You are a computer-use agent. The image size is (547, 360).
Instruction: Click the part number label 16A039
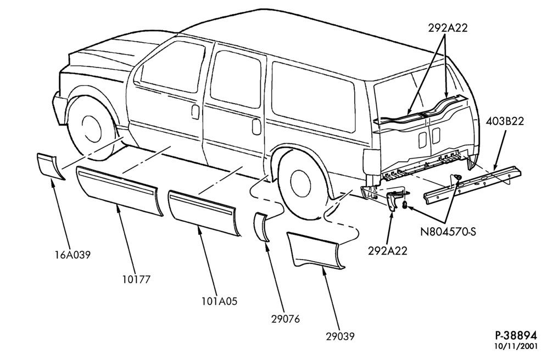tap(72, 255)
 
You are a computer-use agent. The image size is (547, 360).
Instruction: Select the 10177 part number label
tap(136, 279)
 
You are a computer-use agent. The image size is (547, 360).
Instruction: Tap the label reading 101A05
tap(220, 301)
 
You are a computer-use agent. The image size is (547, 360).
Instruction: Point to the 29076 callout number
tap(286, 318)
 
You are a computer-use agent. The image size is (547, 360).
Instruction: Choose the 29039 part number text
tap(340, 336)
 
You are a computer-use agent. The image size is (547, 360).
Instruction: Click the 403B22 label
tap(505, 121)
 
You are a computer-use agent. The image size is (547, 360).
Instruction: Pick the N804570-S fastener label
tap(448, 232)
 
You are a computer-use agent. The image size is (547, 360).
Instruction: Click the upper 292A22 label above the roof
tap(448, 28)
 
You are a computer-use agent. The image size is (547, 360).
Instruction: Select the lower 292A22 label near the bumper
tap(388, 251)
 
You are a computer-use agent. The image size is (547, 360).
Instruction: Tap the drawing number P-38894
tap(516, 335)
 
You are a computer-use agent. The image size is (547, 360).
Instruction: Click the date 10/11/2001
tap(516, 347)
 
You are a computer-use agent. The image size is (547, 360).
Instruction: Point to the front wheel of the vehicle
tap(91, 128)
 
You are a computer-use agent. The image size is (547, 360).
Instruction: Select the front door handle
tap(196, 111)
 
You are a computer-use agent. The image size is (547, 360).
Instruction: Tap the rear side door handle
tap(256, 127)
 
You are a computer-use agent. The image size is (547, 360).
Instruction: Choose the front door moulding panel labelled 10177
tap(119, 189)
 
